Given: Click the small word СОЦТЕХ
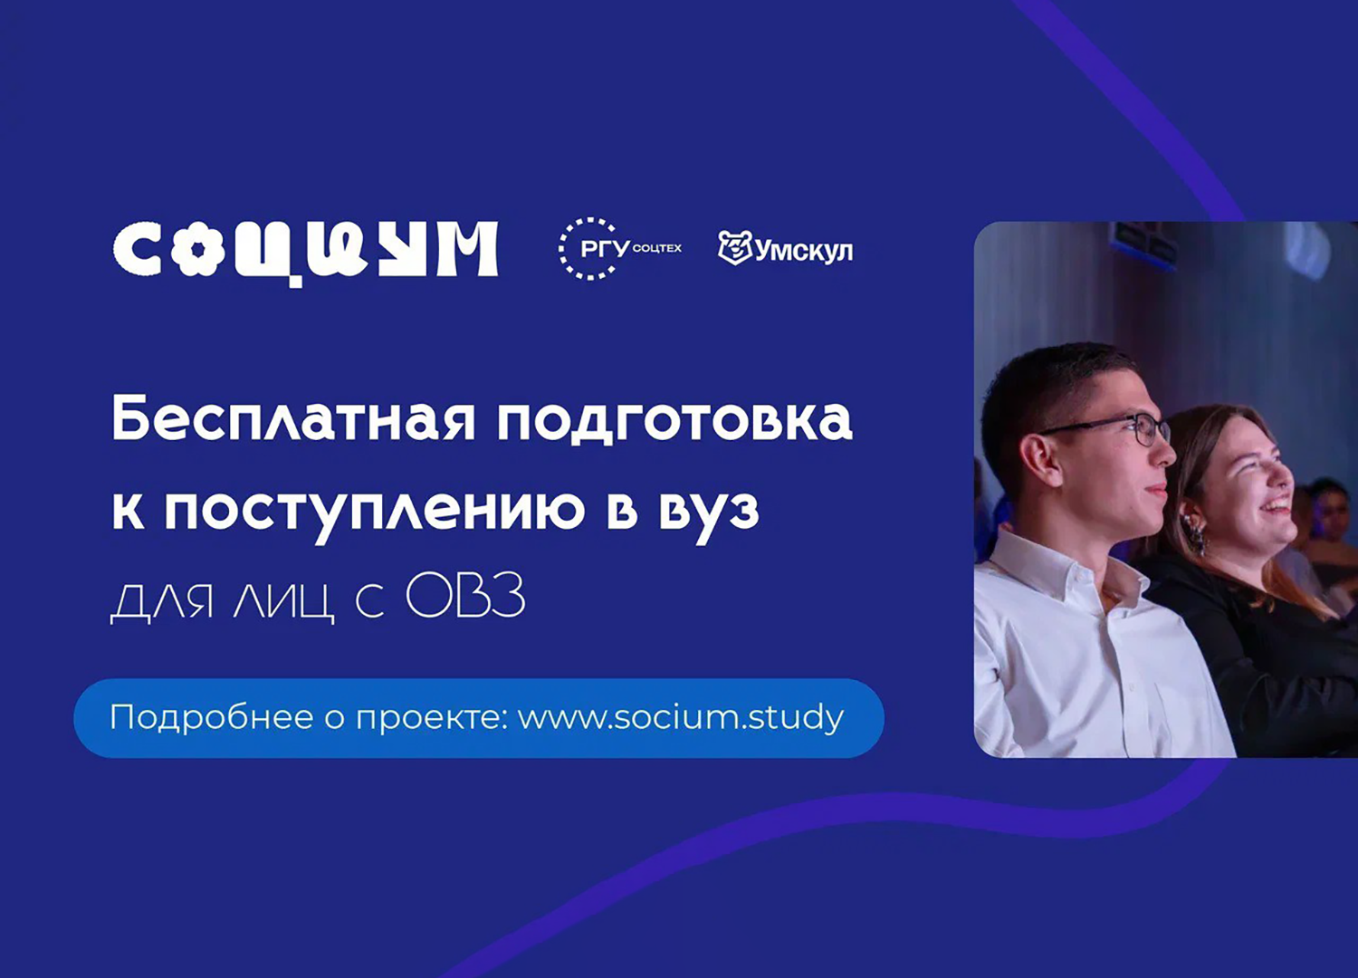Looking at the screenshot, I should pos(657,248).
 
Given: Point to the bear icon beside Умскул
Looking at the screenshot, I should pos(734,247).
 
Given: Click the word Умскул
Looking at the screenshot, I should pos(804,250).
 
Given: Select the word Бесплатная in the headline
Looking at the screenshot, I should pos(292,418).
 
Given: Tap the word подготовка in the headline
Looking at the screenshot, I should pos(674,420).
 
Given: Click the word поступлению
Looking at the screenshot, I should pos(374,509).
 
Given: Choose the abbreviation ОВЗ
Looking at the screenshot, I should pos(465,598).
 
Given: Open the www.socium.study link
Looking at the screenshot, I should pos(681,717).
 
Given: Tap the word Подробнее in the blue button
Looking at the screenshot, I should pos(212,717).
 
